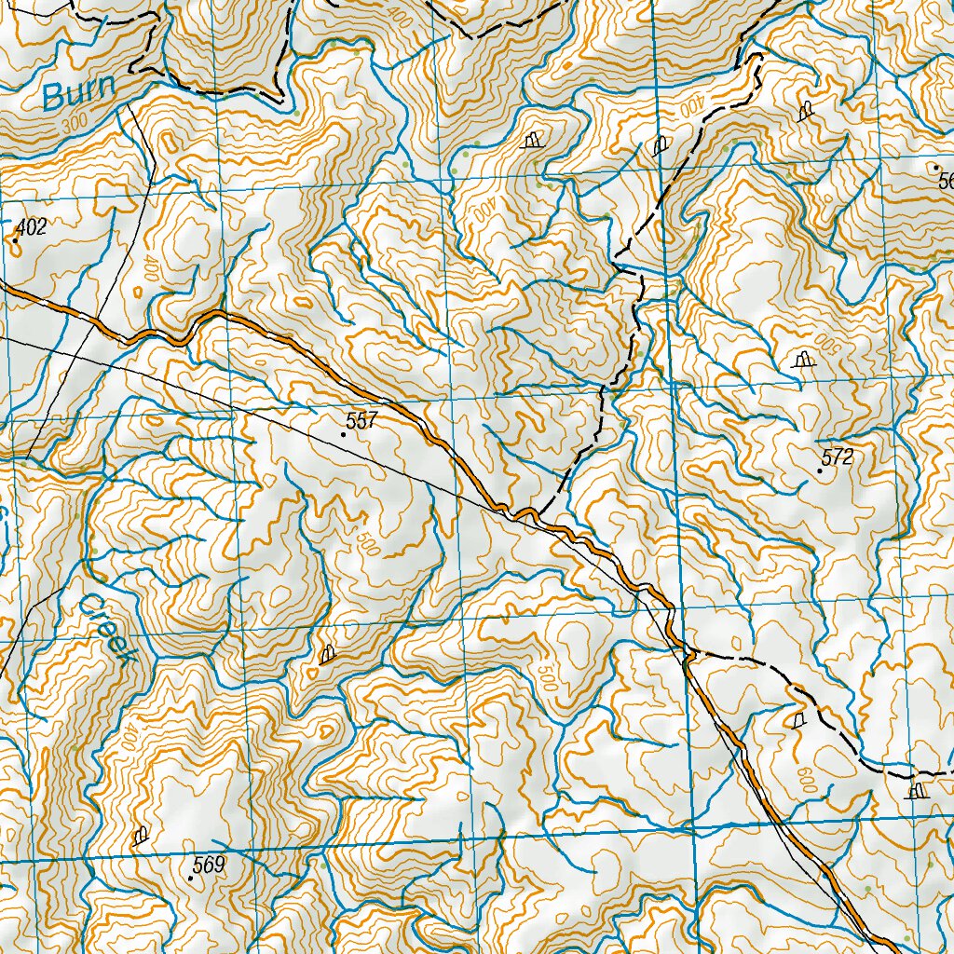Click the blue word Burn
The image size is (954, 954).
click(79, 92)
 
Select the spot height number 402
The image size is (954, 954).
click(31, 225)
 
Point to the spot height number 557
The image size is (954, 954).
click(361, 420)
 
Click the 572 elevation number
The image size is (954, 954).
click(838, 457)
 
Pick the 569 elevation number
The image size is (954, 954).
click(209, 865)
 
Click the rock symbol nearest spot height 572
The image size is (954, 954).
click(801, 360)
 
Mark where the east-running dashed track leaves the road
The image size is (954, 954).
click(691, 654)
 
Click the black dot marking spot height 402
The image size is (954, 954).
click(15, 240)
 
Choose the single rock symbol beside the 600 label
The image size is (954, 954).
click(797, 720)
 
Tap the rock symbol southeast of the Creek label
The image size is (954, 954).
click(326, 655)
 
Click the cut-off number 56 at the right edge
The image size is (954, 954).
click(946, 181)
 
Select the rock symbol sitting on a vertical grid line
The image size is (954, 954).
click(661, 144)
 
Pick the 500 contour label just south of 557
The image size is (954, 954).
click(366, 542)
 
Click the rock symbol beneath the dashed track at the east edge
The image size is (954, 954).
click(917, 792)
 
